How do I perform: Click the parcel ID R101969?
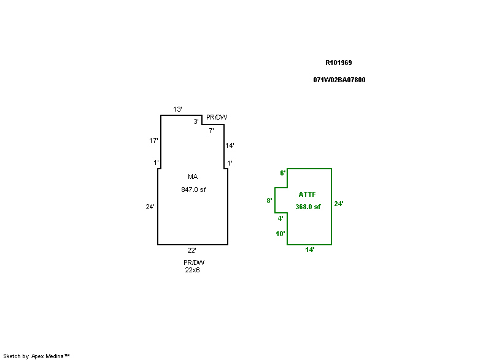coord(339,63)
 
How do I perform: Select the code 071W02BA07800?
coord(339,80)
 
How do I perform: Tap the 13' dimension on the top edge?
coord(177,109)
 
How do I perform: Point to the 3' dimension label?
coord(196,121)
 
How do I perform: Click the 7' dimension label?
coord(211,131)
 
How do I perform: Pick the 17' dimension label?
coord(153,140)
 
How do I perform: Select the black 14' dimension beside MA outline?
coord(230,145)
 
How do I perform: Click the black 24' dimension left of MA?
coord(150,207)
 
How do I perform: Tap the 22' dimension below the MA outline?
coord(191,250)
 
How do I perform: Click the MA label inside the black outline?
coord(193,177)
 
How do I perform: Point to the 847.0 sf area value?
coord(193,190)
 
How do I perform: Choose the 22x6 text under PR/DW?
coord(192,270)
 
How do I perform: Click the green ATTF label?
coord(307,194)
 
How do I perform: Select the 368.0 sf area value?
coord(308,207)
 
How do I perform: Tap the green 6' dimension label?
coord(283,173)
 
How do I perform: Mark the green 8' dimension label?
coord(269,201)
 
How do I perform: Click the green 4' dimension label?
coord(280,218)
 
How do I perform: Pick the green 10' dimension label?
coord(280,234)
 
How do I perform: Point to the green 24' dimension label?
coord(339,204)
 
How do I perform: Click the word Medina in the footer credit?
coord(55,356)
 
